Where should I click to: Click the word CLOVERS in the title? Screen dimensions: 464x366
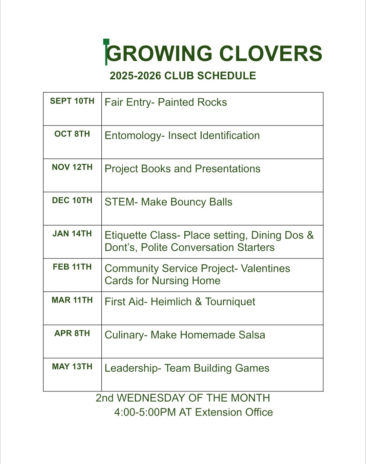pos(270,54)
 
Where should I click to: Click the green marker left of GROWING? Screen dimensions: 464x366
pos(106,52)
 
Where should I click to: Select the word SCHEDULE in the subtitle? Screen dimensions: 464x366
pos(227,76)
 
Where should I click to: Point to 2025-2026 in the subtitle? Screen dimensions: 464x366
pos(135,76)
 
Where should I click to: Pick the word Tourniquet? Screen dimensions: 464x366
pos(230,302)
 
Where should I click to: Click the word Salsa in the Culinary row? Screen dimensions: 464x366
pos(252,335)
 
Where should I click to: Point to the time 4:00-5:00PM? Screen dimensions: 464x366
pos(145,412)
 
